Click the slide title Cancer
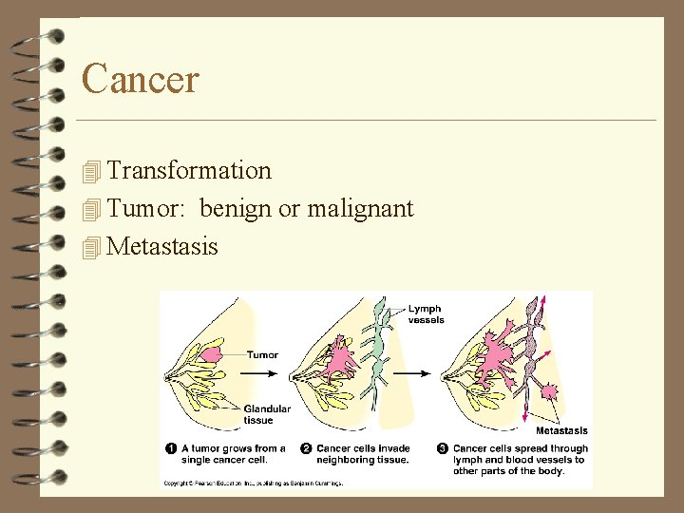(141, 78)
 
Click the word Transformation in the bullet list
(189, 171)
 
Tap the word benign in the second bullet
(236, 208)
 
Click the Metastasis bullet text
(162, 247)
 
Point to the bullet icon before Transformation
(91, 172)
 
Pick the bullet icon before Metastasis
(91, 248)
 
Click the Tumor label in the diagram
(262, 355)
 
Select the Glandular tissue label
(267, 414)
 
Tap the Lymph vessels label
(427, 314)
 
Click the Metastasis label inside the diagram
(560, 430)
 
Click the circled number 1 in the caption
(171, 448)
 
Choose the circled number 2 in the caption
(306, 448)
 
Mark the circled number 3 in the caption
(443, 448)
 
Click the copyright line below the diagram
(252, 483)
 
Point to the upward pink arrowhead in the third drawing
(543, 301)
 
